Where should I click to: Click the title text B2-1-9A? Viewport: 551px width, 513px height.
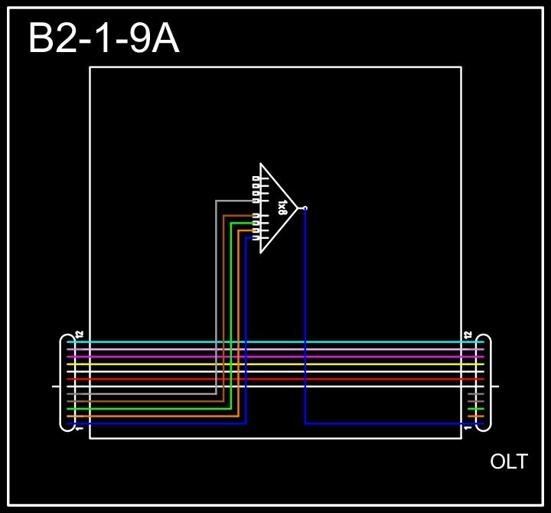click(103, 38)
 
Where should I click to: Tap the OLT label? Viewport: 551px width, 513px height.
click(509, 462)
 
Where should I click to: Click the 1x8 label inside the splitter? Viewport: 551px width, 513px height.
click(282, 207)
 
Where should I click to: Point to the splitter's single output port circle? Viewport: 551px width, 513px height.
click(305, 207)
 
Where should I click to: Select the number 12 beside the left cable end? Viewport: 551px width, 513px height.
click(80, 336)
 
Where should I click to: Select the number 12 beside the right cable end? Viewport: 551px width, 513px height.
click(468, 336)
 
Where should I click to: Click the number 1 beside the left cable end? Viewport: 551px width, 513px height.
click(80, 428)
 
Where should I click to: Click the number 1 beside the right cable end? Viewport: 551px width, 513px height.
click(468, 428)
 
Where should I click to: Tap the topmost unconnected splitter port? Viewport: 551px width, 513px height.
click(256, 179)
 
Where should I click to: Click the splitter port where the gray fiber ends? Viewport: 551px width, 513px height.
click(256, 201)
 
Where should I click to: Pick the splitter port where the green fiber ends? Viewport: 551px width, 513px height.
click(256, 224)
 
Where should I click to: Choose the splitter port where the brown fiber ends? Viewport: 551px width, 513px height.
click(256, 216)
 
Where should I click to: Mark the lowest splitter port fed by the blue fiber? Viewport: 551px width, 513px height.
click(256, 238)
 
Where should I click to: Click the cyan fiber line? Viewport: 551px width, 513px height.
click(275, 342)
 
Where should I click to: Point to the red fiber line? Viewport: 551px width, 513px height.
click(275, 379)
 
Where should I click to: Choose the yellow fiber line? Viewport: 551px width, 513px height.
click(275, 364)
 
